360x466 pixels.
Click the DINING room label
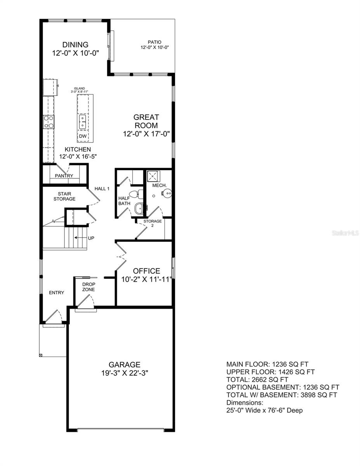tap(76, 45)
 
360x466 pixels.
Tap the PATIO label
tap(154, 42)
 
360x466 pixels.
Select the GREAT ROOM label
tap(146, 121)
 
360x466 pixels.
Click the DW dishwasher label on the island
tap(83, 136)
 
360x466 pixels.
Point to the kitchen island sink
tap(83, 122)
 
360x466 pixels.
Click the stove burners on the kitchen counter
tap(49, 122)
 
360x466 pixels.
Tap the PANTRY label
tap(64, 176)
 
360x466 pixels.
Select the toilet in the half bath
tap(135, 194)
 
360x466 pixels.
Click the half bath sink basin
tap(139, 209)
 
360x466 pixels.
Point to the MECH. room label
tap(160, 186)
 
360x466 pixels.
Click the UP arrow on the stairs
tap(81, 238)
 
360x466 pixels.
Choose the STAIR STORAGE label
tap(64, 196)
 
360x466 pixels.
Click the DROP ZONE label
tap(88, 287)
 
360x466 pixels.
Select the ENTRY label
tap(56, 292)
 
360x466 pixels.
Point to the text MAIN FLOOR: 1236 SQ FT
tap(270, 364)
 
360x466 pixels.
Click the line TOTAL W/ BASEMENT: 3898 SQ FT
tap(282, 395)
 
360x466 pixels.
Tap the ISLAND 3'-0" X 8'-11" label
tap(79, 90)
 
